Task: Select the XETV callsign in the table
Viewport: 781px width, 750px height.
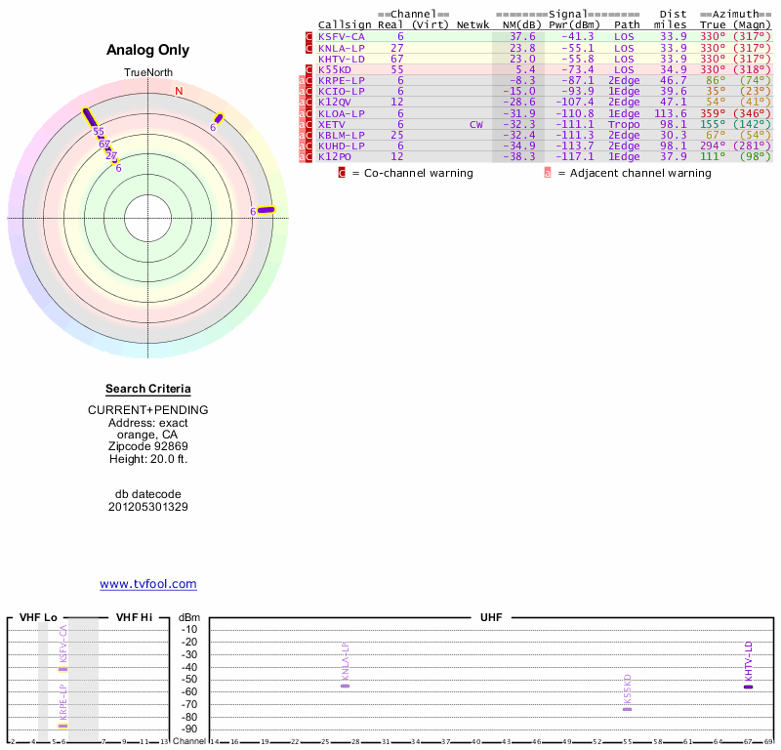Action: pos(332,125)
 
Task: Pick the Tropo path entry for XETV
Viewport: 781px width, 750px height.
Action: pos(625,125)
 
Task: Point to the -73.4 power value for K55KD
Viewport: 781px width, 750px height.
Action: pos(572,70)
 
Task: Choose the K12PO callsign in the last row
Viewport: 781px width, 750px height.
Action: pos(334,157)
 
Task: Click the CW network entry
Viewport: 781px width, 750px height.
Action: pos(475,125)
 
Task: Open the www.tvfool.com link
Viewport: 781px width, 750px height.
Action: pos(148,584)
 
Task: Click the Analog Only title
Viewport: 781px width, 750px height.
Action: pos(148,51)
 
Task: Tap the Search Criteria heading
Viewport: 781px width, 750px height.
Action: pos(148,390)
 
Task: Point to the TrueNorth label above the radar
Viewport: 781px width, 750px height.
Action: pos(148,73)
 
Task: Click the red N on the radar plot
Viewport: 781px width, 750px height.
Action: pos(179,92)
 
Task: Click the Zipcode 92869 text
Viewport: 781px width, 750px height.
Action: pos(148,446)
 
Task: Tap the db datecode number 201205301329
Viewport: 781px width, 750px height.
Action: pos(148,507)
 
